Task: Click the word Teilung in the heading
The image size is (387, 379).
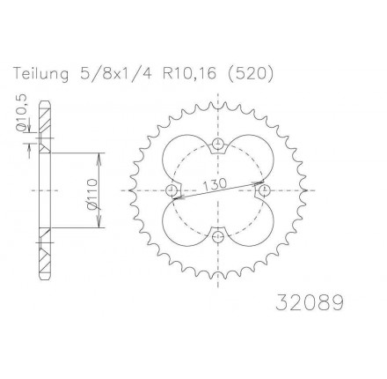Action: (41, 74)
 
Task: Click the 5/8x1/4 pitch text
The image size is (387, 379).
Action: (116, 73)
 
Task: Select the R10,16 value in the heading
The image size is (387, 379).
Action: (189, 74)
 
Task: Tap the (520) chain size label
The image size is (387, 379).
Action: (250, 74)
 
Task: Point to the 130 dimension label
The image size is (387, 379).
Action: (215, 184)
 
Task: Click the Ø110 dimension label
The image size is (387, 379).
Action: (92, 194)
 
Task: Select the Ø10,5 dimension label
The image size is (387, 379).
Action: (22, 113)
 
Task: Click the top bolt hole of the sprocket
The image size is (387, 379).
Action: (217, 144)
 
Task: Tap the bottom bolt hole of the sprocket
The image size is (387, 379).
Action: (217, 235)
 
